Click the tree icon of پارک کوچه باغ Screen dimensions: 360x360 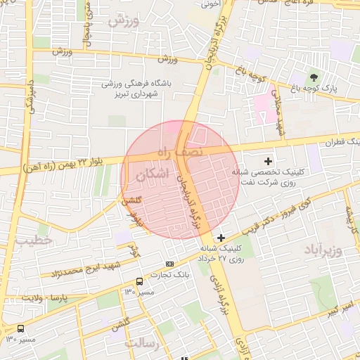tap(314, 77)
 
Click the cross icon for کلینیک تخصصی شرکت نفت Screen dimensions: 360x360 tap(268, 161)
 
